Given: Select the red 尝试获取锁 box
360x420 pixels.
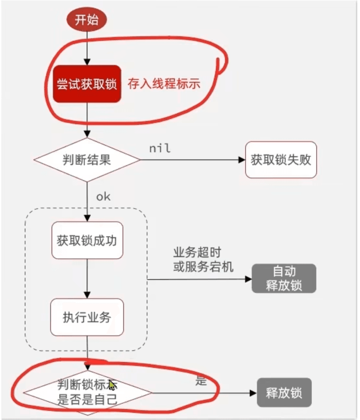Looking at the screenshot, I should [87, 84].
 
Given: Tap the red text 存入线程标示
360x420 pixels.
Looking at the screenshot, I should [164, 83].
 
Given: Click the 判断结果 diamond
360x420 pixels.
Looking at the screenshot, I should [87, 160].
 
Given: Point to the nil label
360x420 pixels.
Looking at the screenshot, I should [160, 149].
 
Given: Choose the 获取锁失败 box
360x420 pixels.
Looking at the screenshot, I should [281, 159].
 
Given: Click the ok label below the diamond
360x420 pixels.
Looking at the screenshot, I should [103, 197].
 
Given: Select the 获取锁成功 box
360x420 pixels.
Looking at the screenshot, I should [87, 240].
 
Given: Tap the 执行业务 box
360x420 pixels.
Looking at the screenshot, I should [87, 317].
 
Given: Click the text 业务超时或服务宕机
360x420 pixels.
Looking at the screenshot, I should [203, 260].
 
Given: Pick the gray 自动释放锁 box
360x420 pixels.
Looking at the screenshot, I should [284, 279].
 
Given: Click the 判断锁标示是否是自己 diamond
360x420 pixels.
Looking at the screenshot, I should [87, 392].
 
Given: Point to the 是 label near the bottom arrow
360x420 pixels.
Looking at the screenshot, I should [200, 381].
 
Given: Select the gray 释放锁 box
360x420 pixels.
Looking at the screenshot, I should [284, 393].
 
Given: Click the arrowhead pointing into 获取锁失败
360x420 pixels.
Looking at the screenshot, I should [242, 160].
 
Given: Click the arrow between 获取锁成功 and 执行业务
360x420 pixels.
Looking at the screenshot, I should [87, 278].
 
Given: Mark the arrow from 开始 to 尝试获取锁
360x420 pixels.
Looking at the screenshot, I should [87, 48].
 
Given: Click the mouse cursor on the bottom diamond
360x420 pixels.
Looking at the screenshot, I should [112, 385].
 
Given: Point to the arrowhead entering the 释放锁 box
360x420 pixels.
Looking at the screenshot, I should [253, 393].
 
